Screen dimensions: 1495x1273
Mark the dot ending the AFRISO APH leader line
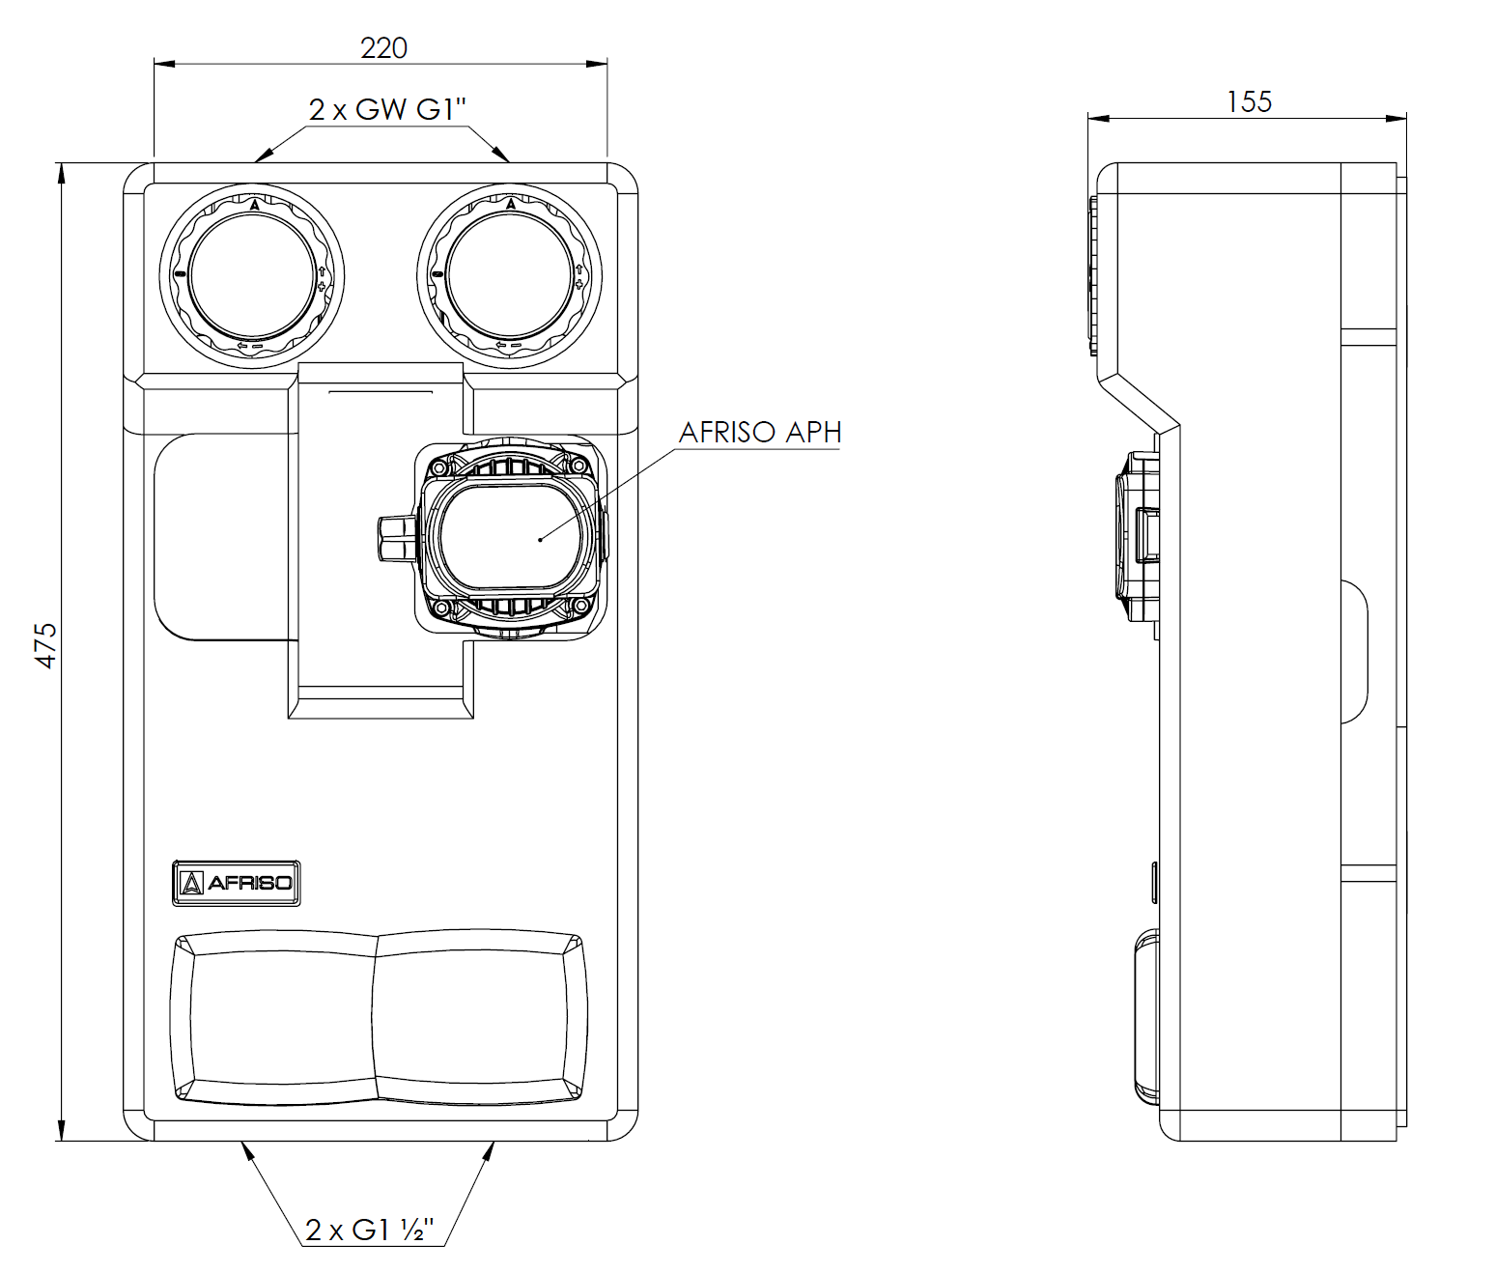(540, 539)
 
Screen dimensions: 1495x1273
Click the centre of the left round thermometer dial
(252, 276)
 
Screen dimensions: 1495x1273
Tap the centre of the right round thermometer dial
(509, 276)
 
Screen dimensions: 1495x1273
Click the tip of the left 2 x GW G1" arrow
(255, 160)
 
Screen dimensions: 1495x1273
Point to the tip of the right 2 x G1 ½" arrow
(494, 1142)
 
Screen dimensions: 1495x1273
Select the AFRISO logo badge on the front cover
(236, 883)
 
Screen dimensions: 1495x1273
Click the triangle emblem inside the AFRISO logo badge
(191, 883)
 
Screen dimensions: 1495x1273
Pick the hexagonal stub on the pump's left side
(397, 539)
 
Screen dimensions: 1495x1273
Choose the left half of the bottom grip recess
(273, 1018)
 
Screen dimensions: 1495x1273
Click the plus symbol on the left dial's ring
(322, 287)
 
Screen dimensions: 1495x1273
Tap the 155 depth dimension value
(1249, 101)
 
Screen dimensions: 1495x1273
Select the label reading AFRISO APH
(759, 433)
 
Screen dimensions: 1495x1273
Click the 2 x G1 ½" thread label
(370, 1231)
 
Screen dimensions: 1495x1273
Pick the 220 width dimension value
(384, 47)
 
